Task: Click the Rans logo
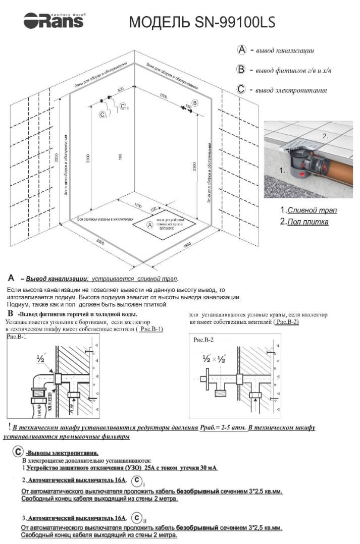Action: coord(54,21)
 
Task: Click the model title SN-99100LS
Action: coord(202,23)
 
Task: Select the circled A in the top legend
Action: coord(242,50)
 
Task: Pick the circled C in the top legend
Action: coord(241,90)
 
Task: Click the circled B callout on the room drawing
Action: coord(195,103)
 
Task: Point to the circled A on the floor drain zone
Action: coord(150,225)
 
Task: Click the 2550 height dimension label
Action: coord(57,157)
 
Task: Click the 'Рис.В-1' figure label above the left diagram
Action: coord(17,336)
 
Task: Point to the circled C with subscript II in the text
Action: coord(137,518)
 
